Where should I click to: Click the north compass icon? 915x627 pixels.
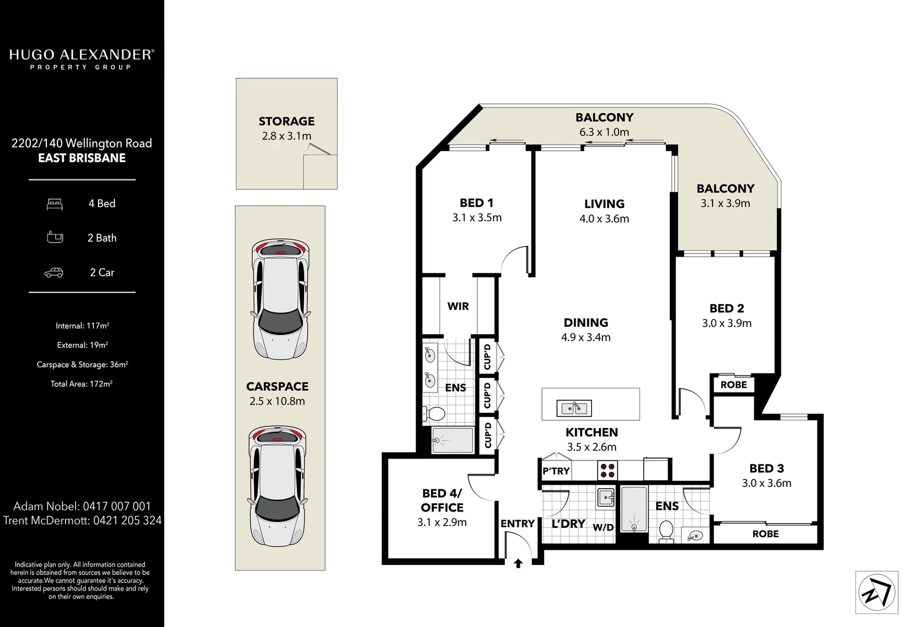877,592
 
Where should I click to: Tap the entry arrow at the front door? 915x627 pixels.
518,563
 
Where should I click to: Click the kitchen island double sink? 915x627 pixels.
574,408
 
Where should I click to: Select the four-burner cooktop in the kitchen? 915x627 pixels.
608,469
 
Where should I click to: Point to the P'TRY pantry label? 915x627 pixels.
556,471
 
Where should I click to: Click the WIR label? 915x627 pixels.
458,306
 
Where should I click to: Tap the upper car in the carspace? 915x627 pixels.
280,300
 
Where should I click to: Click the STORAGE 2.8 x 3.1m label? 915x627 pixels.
286,128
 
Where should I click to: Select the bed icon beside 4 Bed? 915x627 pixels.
55,204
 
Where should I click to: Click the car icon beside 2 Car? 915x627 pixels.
54,272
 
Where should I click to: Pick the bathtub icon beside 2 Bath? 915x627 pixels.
55,237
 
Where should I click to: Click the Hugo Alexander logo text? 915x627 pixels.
81,55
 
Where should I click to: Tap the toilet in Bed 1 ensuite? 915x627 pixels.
434,414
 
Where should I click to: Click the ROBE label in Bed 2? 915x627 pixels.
733,384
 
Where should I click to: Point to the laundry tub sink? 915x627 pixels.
606,498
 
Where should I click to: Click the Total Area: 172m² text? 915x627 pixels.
81,384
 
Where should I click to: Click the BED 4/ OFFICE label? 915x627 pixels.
442,500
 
